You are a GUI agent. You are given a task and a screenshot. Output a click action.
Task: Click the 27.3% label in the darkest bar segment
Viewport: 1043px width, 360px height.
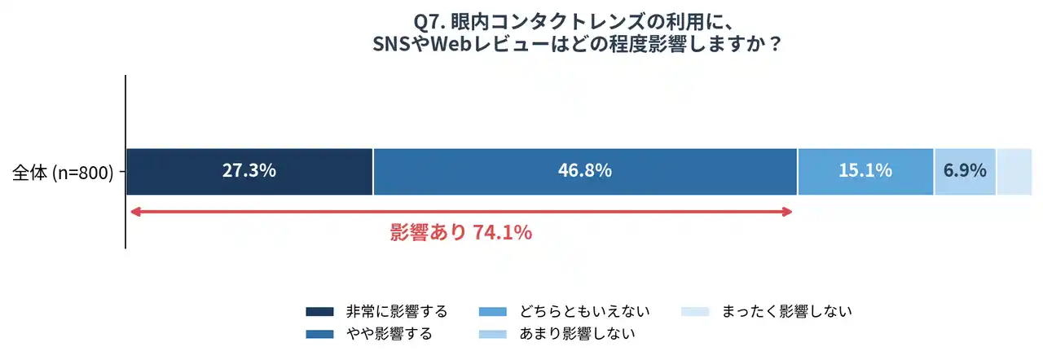[249, 171]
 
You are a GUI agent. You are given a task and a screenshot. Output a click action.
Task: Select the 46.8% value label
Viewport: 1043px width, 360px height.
[585, 171]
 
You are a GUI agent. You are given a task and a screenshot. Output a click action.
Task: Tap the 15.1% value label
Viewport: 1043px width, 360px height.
[865, 171]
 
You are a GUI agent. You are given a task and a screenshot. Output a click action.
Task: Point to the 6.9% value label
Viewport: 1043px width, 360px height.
[965, 171]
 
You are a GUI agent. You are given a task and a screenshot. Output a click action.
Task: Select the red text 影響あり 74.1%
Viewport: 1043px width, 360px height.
[461, 233]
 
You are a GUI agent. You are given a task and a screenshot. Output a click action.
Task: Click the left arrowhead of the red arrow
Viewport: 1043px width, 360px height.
[135, 212]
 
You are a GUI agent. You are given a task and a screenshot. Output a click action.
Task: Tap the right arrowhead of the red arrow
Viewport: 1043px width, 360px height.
[786, 212]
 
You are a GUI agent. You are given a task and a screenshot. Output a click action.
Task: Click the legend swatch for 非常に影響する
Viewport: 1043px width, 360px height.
[320, 312]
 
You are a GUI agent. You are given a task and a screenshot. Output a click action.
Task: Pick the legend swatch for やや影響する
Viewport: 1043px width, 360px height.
[320, 334]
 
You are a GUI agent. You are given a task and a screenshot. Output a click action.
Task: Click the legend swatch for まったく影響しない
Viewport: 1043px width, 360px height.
[695, 312]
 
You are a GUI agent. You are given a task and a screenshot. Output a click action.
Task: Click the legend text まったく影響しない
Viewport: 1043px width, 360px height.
[787, 311]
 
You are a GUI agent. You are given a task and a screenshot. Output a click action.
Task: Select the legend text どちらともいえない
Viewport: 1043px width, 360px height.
[585, 311]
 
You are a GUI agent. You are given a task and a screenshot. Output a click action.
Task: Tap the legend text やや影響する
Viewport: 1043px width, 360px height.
[389, 333]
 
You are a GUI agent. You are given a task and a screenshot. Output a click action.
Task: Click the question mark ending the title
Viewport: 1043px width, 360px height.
[775, 43]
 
